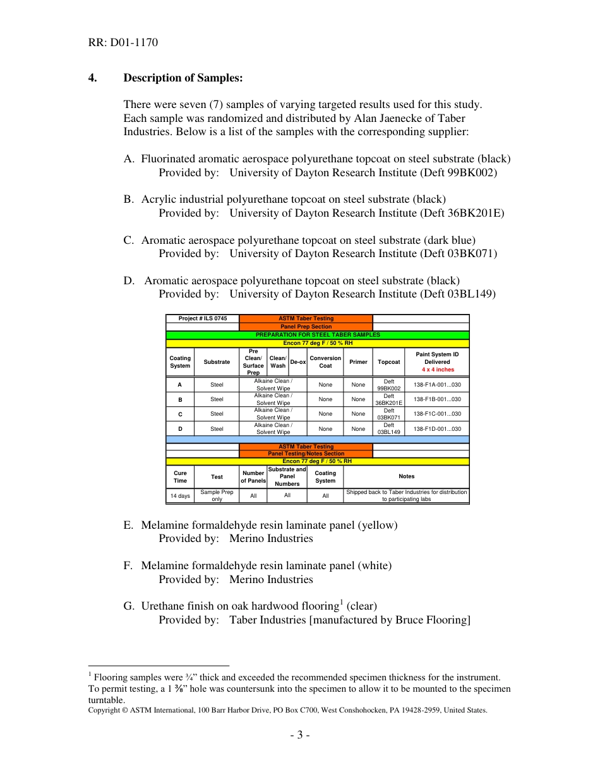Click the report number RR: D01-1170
point(123,43)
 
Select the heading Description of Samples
point(183,78)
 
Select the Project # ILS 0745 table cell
point(202,318)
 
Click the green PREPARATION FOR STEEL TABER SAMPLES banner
point(317,335)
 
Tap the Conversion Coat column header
point(325,362)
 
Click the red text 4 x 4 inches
point(437,370)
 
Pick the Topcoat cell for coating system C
point(388,414)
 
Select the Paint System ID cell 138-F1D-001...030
point(437,429)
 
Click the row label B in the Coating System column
point(180,399)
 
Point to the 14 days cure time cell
point(180,496)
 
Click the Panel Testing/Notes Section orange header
point(306,454)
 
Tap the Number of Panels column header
point(253,477)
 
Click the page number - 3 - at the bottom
point(300,735)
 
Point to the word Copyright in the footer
point(104,710)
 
